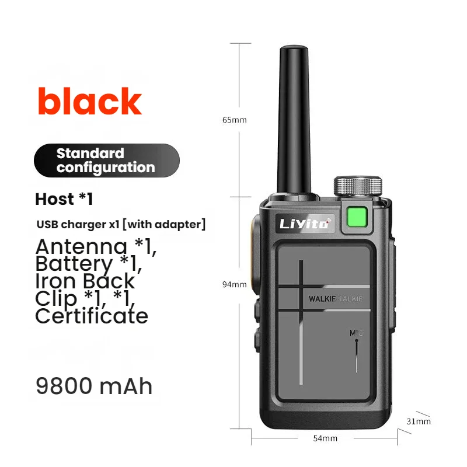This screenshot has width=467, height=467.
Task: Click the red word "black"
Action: click(89, 102)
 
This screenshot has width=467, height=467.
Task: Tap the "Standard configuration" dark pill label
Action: click(106, 161)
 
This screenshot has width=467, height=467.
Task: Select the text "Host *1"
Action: click(64, 199)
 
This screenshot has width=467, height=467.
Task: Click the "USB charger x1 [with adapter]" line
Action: click(121, 224)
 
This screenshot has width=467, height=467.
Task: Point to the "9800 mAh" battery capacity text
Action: click(94, 386)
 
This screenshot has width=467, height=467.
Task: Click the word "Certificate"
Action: click(92, 316)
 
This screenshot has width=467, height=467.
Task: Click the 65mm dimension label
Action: click(234, 120)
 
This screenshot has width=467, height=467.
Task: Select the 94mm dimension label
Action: click(234, 284)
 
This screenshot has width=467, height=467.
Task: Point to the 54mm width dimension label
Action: click(325, 438)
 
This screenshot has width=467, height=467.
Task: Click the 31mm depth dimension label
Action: click(419, 421)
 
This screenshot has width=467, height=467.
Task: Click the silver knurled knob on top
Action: click(358, 185)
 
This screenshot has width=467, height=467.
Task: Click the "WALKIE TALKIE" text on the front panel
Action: click(336, 299)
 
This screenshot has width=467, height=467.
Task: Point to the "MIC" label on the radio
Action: click(356, 333)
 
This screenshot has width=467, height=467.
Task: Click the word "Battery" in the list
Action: click(74, 263)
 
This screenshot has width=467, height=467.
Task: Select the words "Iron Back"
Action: click(85, 281)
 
